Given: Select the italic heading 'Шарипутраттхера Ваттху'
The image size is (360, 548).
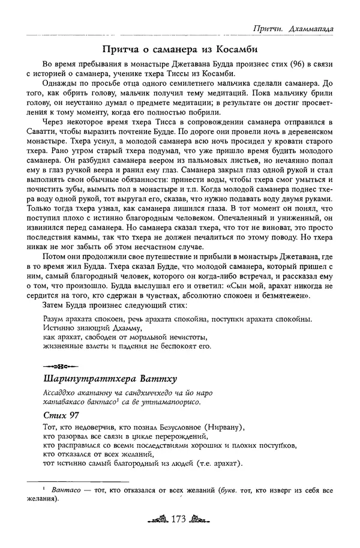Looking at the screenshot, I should (x=109, y=379).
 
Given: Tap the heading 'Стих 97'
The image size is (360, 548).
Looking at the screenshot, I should (x=61, y=415).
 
